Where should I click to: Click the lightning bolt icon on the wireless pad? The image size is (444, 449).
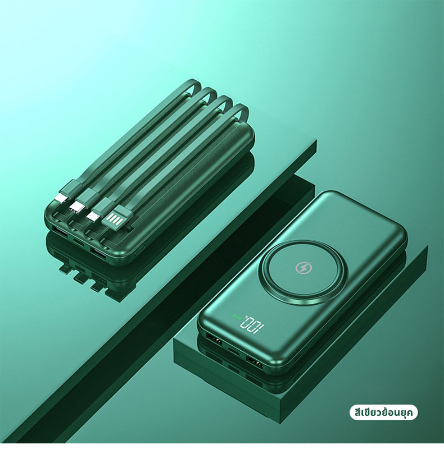(302, 268)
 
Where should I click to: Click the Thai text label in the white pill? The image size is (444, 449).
(383, 413)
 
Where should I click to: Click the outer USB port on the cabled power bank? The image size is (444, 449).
(60, 231)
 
